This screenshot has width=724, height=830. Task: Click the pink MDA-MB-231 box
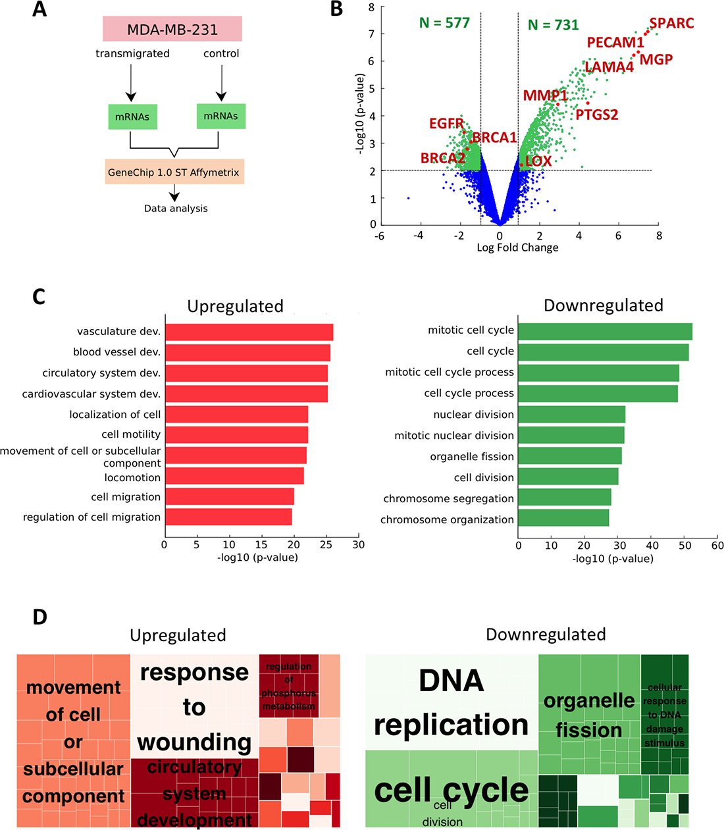coord(172,30)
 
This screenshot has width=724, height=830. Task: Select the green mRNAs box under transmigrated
coord(132,117)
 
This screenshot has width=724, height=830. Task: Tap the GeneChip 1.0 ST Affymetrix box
coord(174,172)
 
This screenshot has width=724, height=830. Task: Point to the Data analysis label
coord(176,209)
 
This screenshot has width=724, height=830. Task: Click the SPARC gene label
coord(671,24)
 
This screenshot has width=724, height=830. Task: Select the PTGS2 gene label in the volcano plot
coord(597,115)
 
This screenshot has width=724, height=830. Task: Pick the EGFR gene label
coord(446,124)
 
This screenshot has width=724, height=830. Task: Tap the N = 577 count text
coord(444,24)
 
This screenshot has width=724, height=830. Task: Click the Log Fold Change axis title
coord(517,247)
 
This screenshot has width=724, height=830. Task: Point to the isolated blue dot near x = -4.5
coord(408,198)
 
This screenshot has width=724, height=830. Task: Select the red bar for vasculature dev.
coord(249,332)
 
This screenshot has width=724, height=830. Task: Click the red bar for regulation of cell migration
coord(228,517)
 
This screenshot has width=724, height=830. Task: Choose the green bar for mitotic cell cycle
coord(605,331)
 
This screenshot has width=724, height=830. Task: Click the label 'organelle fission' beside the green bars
coord(472,457)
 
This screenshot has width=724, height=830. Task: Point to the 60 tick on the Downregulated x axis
coord(717,546)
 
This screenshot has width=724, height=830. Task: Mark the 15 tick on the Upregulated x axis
coord(261,545)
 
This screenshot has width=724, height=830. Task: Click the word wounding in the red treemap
coord(194,742)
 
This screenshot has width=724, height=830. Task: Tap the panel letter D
coord(39,617)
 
